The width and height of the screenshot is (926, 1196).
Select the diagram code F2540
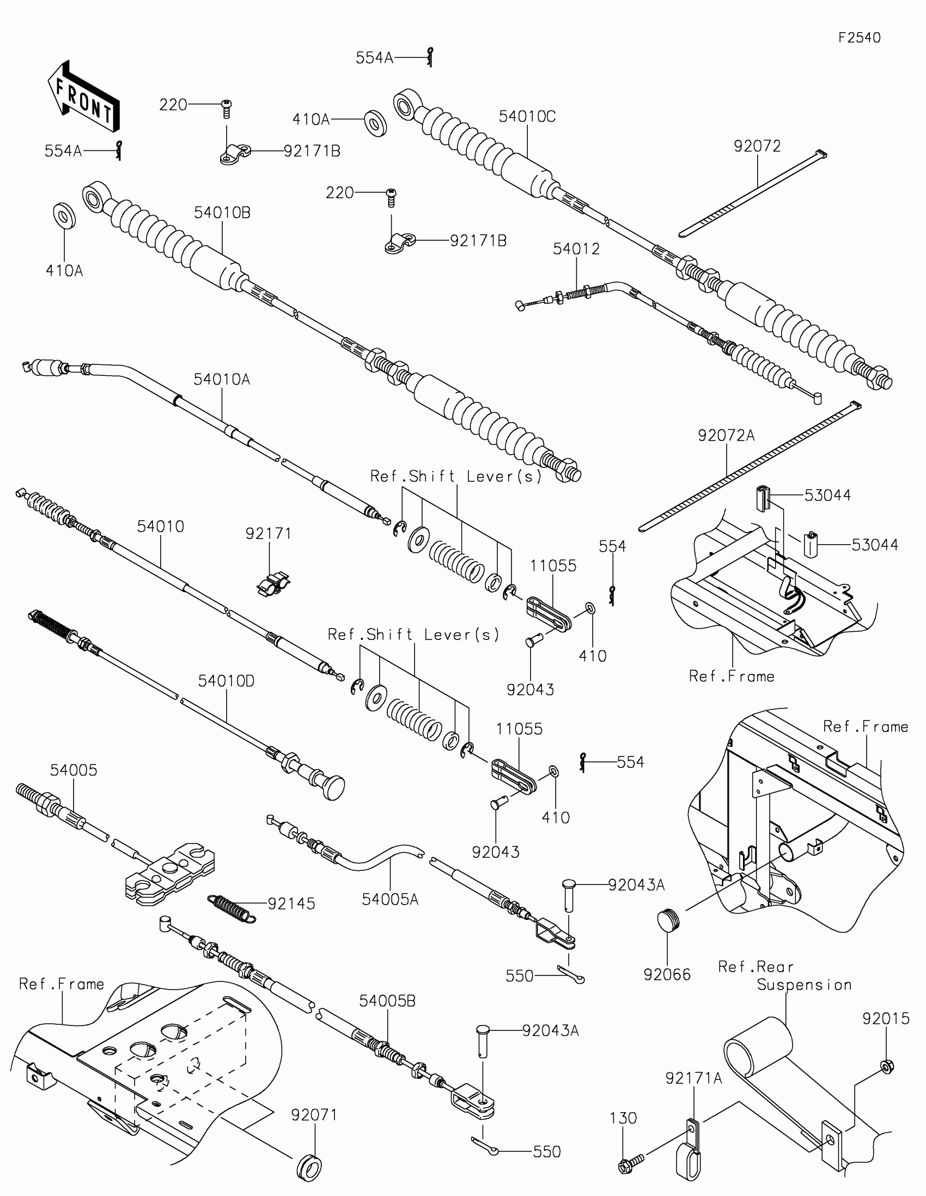(x=859, y=38)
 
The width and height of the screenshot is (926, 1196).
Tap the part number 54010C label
(x=527, y=117)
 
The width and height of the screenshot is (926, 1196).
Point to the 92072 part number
(x=757, y=146)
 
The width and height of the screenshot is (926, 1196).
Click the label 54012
(x=576, y=249)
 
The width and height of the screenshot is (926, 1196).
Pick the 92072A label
(x=726, y=436)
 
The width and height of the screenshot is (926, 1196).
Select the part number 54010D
(x=226, y=681)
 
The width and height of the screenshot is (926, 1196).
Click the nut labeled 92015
(x=887, y=1066)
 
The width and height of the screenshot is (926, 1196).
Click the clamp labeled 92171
(x=273, y=584)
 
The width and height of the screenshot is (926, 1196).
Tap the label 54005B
(x=387, y=1001)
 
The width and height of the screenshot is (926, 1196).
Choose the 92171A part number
(x=694, y=1078)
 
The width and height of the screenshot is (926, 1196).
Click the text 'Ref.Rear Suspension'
(x=784, y=976)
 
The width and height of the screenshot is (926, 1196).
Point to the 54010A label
(x=222, y=379)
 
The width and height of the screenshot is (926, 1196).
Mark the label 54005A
(x=390, y=899)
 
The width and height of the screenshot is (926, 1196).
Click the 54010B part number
(x=222, y=212)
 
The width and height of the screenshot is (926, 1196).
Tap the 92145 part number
(x=291, y=904)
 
